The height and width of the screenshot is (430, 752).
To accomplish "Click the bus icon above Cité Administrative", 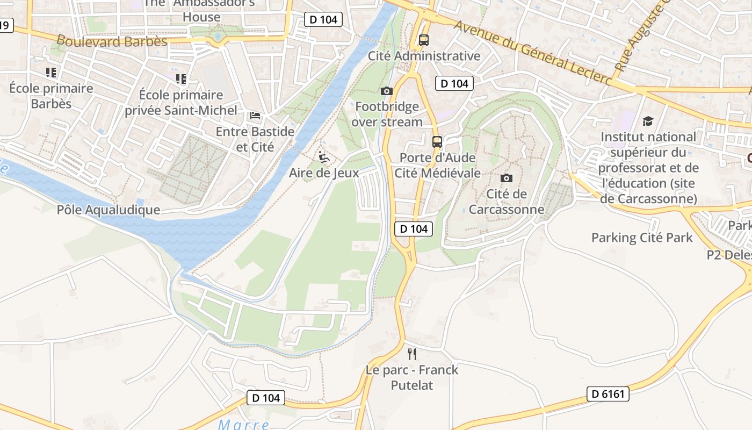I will pyautogui.click(x=423, y=40).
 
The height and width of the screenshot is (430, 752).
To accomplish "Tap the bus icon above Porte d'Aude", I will pyautogui.click(x=437, y=142).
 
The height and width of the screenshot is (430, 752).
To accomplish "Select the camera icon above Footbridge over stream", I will pyautogui.click(x=386, y=91).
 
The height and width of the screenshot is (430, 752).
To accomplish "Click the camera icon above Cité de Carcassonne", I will pyautogui.click(x=506, y=178).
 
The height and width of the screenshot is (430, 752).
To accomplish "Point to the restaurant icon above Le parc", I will pyautogui.click(x=412, y=354).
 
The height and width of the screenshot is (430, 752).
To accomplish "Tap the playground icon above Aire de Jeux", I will pyautogui.click(x=323, y=157).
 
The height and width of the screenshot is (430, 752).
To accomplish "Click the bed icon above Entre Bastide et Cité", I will pyautogui.click(x=255, y=116).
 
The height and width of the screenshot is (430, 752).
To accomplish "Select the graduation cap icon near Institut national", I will pyautogui.click(x=648, y=121).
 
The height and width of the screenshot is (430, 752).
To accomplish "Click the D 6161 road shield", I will pyautogui.click(x=608, y=394).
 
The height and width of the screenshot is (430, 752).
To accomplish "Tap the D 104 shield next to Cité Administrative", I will pyautogui.click(x=454, y=83).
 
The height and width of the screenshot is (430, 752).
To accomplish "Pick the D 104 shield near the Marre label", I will pyautogui.click(x=266, y=398).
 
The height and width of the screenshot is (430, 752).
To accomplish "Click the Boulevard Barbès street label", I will pyautogui.click(x=112, y=41).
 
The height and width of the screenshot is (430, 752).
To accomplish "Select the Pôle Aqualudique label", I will pyautogui.click(x=109, y=210).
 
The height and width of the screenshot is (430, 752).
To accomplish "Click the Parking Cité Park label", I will pyautogui.click(x=642, y=237).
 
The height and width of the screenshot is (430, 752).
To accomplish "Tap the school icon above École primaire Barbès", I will pyautogui.click(x=51, y=72).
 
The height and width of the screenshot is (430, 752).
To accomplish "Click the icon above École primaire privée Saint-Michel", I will pyautogui.click(x=181, y=79).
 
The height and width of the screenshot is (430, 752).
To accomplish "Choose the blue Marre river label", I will pyautogui.click(x=243, y=424).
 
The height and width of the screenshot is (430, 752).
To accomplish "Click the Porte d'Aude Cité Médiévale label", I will pyautogui.click(x=437, y=165).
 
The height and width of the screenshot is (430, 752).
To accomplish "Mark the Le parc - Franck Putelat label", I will pyautogui.click(x=412, y=377).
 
